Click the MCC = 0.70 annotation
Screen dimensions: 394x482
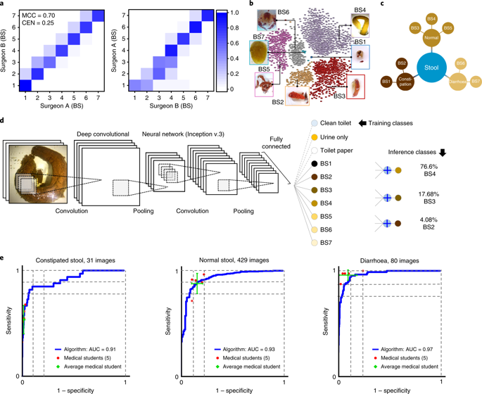coord(37,15)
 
